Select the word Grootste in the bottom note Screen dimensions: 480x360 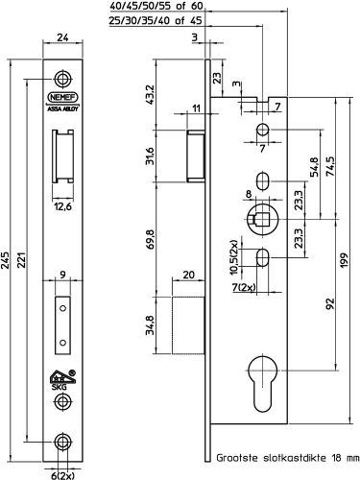(x=238, y=461)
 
